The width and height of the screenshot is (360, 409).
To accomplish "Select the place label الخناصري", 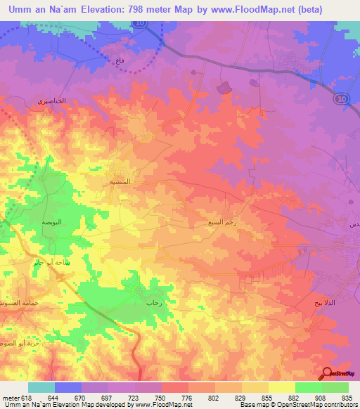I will [51, 101].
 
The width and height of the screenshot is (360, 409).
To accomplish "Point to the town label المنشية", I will [119, 181].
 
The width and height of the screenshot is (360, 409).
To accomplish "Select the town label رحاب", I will [154, 303].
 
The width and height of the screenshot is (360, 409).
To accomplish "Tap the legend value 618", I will [27, 398].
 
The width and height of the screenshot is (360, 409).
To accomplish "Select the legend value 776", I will [187, 398].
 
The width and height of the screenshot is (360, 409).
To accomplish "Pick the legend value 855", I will [267, 398].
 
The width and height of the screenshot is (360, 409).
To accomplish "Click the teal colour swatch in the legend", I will [41, 387].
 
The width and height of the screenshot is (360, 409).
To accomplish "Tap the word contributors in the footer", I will [340, 405].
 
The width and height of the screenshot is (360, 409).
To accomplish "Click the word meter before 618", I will [10, 398].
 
